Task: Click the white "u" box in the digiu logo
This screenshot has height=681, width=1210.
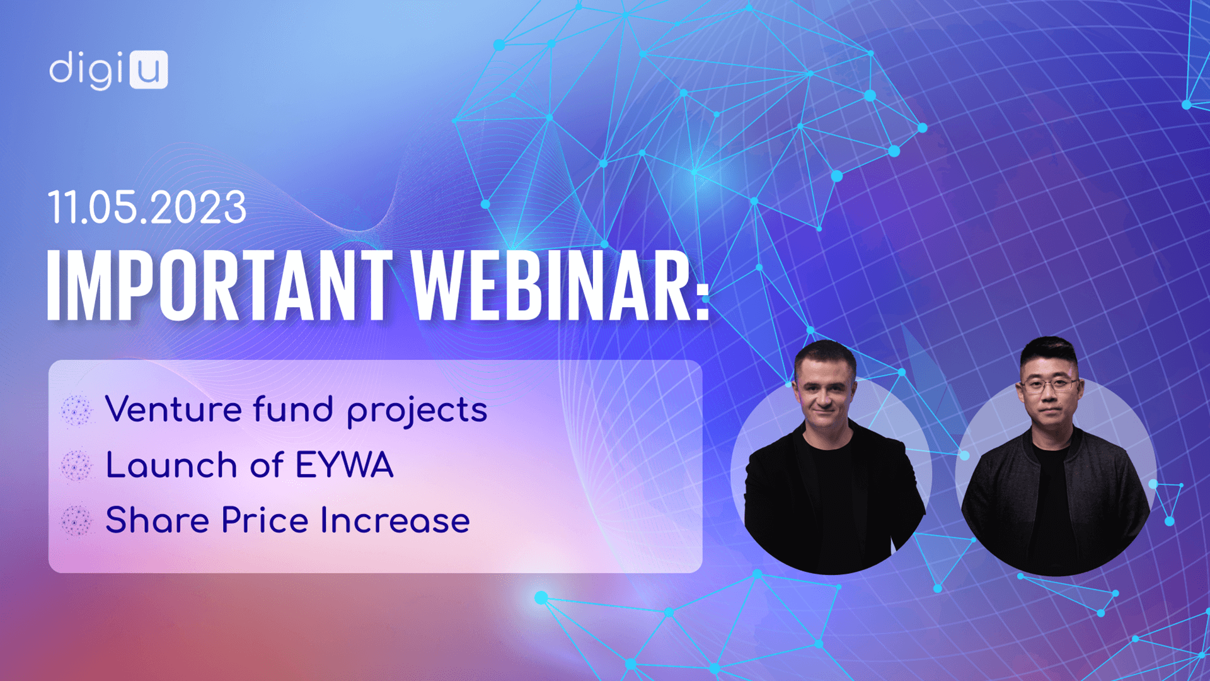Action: click(149, 69)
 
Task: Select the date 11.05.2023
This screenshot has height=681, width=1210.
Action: click(147, 207)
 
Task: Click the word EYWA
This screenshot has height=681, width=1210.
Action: click(344, 465)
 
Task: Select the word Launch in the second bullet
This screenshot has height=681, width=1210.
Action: click(171, 465)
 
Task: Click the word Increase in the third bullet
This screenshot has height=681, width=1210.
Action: click(395, 521)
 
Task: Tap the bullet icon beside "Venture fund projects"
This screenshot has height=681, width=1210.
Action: click(77, 410)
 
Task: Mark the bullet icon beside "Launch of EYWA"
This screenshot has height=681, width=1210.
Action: click(77, 465)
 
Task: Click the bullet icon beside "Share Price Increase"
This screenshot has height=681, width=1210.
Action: click(77, 521)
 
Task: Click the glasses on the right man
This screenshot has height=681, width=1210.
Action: click(1048, 384)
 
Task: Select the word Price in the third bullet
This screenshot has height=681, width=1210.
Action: click(265, 520)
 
